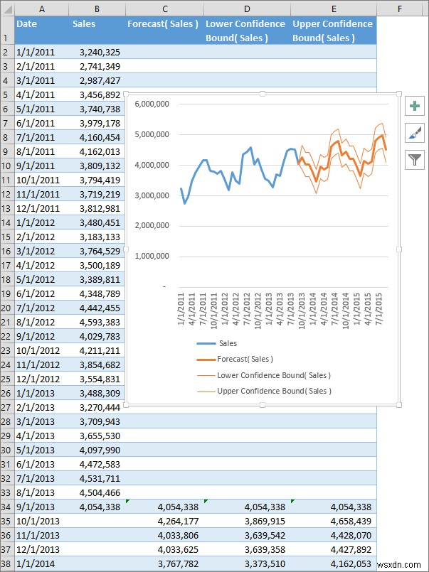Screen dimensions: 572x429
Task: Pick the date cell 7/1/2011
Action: point(35,137)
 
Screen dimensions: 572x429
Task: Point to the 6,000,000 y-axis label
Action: point(149,104)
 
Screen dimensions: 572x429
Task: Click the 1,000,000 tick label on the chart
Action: point(149,256)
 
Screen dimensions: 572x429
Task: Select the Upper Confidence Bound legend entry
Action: point(274,391)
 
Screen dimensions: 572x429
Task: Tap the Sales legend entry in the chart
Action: point(228,343)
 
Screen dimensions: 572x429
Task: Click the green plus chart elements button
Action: point(415,106)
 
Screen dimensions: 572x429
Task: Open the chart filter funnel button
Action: point(415,160)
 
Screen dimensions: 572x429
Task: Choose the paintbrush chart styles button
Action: point(415,133)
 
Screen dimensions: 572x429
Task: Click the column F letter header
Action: point(401,9)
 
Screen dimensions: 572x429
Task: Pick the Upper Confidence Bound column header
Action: point(332,31)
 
